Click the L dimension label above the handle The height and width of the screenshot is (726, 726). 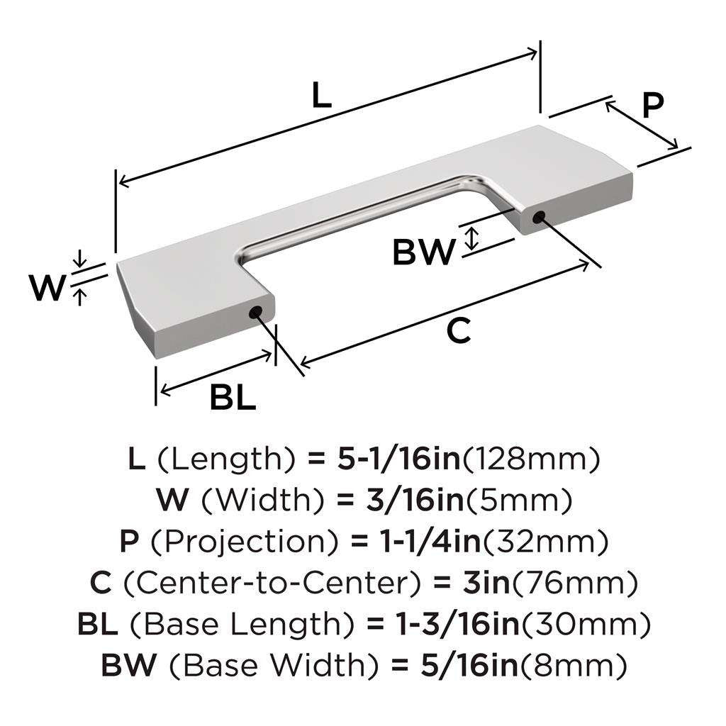pyautogui.click(x=322, y=96)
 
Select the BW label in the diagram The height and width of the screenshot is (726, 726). pyautogui.click(x=423, y=252)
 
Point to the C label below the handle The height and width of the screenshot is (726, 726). pyautogui.click(x=459, y=331)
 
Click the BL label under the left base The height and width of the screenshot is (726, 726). pyautogui.click(x=233, y=399)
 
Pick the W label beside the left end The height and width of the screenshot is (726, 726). pyautogui.click(x=47, y=289)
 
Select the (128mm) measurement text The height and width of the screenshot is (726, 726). pyautogui.click(x=532, y=459)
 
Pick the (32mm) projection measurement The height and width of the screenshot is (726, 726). pyautogui.click(x=546, y=542)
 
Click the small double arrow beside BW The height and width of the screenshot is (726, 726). pyautogui.click(x=470, y=238)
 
